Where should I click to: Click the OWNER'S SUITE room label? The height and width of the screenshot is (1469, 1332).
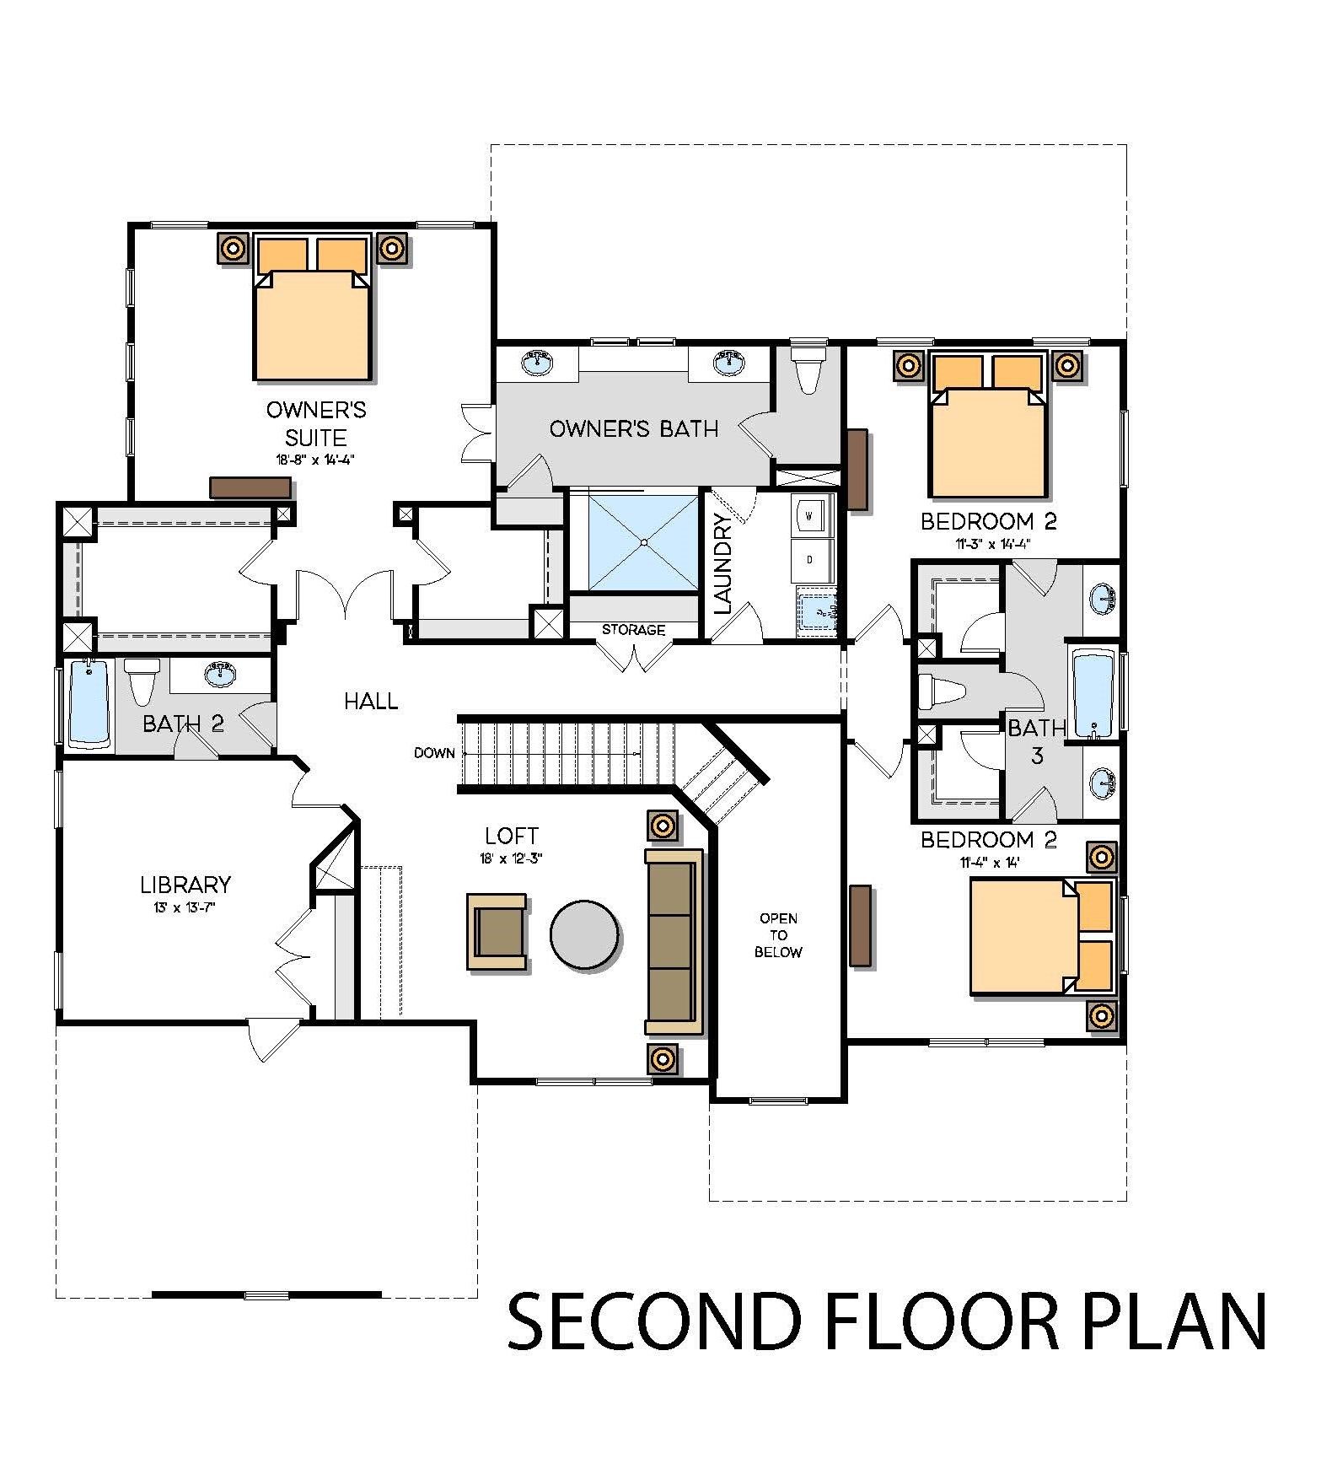(316, 423)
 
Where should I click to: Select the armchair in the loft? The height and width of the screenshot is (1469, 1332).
(497, 933)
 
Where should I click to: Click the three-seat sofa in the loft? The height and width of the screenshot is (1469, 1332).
(674, 941)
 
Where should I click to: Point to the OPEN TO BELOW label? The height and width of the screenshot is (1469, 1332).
(778, 935)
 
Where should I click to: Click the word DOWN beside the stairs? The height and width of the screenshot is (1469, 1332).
(434, 753)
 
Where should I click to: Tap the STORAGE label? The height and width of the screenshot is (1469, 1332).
(633, 630)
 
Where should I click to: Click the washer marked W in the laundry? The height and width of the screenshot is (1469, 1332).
(810, 514)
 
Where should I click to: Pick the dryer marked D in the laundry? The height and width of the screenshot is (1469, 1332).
(810, 559)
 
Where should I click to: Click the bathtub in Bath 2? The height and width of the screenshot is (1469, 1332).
(89, 703)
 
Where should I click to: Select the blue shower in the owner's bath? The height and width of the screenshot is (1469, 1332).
(636, 542)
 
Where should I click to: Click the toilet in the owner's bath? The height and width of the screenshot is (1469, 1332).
(808, 368)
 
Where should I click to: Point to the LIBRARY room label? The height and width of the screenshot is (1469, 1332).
(185, 885)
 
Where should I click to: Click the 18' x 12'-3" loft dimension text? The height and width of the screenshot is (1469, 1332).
(511, 858)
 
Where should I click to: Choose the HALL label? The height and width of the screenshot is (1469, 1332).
(371, 701)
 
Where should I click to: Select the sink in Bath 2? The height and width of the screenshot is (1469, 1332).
(221, 672)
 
